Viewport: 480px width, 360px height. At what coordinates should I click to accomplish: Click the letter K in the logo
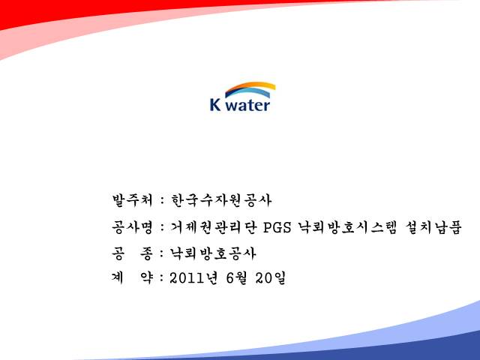pyautogui.click(x=215, y=104)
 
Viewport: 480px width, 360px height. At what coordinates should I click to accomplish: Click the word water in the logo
pyautogui.click(x=248, y=106)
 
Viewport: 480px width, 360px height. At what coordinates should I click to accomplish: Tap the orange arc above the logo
pyautogui.click(x=250, y=87)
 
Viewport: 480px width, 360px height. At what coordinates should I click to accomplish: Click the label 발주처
pyautogui.click(x=132, y=200)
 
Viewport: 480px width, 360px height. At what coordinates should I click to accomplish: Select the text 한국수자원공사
pyautogui.click(x=221, y=200)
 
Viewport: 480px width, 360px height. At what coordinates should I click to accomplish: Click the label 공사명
pyautogui.click(x=132, y=227)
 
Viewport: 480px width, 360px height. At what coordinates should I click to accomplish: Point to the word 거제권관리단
pyautogui.click(x=213, y=227)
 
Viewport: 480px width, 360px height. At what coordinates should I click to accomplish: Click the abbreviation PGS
pyautogui.click(x=277, y=228)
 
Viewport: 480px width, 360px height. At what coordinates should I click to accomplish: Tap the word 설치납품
pyautogui.click(x=433, y=227)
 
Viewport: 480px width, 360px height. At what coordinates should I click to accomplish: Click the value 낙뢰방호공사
pyautogui.click(x=213, y=253)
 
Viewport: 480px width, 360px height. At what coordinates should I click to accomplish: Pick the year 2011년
pyautogui.click(x=193, y=278)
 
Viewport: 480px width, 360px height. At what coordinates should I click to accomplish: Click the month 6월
pyautogui.click(x=236, y=278)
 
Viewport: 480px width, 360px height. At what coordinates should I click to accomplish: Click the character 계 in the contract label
pyautogui.click(x=118, y=277)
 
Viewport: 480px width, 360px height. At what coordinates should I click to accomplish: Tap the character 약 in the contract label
pyautogui.click(x=146, y=277)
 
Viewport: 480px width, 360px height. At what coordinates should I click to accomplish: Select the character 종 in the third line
pyautogui.click(x=146, y=253)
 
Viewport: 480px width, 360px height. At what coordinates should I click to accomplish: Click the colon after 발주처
pyautogui.click(x=162, y=201)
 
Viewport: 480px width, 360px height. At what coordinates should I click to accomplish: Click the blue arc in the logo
pyautogui.click(x=248, y=92)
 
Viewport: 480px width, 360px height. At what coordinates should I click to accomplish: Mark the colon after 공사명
pyautogui.click(x=162, y=228)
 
